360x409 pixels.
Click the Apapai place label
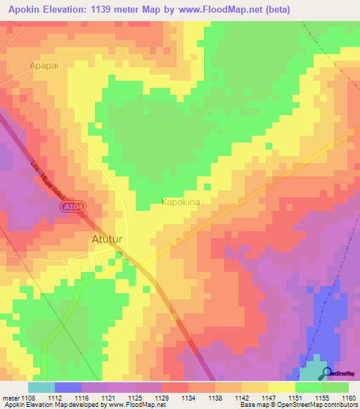44,65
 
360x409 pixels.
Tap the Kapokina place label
181,202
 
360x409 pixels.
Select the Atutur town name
108,240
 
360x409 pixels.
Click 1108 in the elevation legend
28,397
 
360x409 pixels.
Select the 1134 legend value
188,397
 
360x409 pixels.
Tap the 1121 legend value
108,397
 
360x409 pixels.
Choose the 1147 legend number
269,397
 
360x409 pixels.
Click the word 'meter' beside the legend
11,397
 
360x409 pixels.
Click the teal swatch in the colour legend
41,387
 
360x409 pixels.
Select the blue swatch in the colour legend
68,387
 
